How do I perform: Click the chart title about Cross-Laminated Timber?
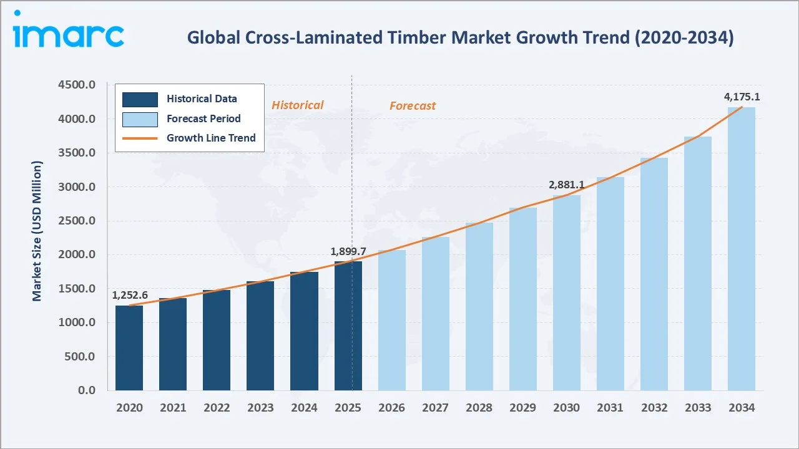[461, 38]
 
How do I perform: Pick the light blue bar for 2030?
[567, 293]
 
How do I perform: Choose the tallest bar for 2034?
[742, 249]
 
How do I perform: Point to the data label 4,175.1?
[742, 97]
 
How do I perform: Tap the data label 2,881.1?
[567, 185]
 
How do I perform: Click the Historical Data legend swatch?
[140, 99]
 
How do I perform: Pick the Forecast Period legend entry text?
[203, 118]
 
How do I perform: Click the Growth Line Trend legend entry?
[211, 138]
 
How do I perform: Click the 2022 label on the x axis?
[217, 408]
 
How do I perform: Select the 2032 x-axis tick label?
[654, 408]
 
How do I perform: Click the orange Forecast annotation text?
[413, 106]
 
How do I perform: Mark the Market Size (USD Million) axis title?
[37, 231]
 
